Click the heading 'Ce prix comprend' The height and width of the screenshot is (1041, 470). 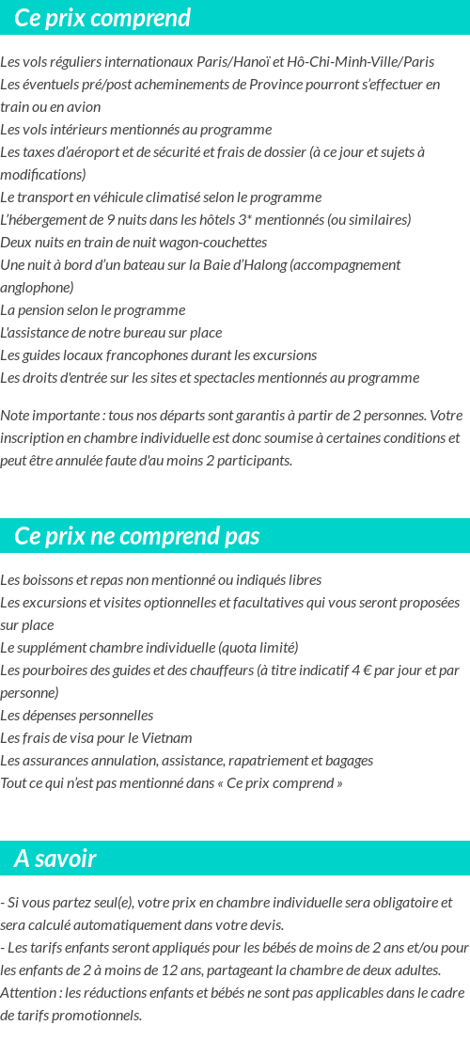click(102, 18)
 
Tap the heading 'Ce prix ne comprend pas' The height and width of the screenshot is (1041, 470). click(137, 536)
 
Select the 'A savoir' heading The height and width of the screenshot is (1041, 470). click(55, 859)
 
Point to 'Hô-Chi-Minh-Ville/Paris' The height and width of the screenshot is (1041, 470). click(361, 62)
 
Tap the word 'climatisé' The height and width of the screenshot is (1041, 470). click(196, 197)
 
